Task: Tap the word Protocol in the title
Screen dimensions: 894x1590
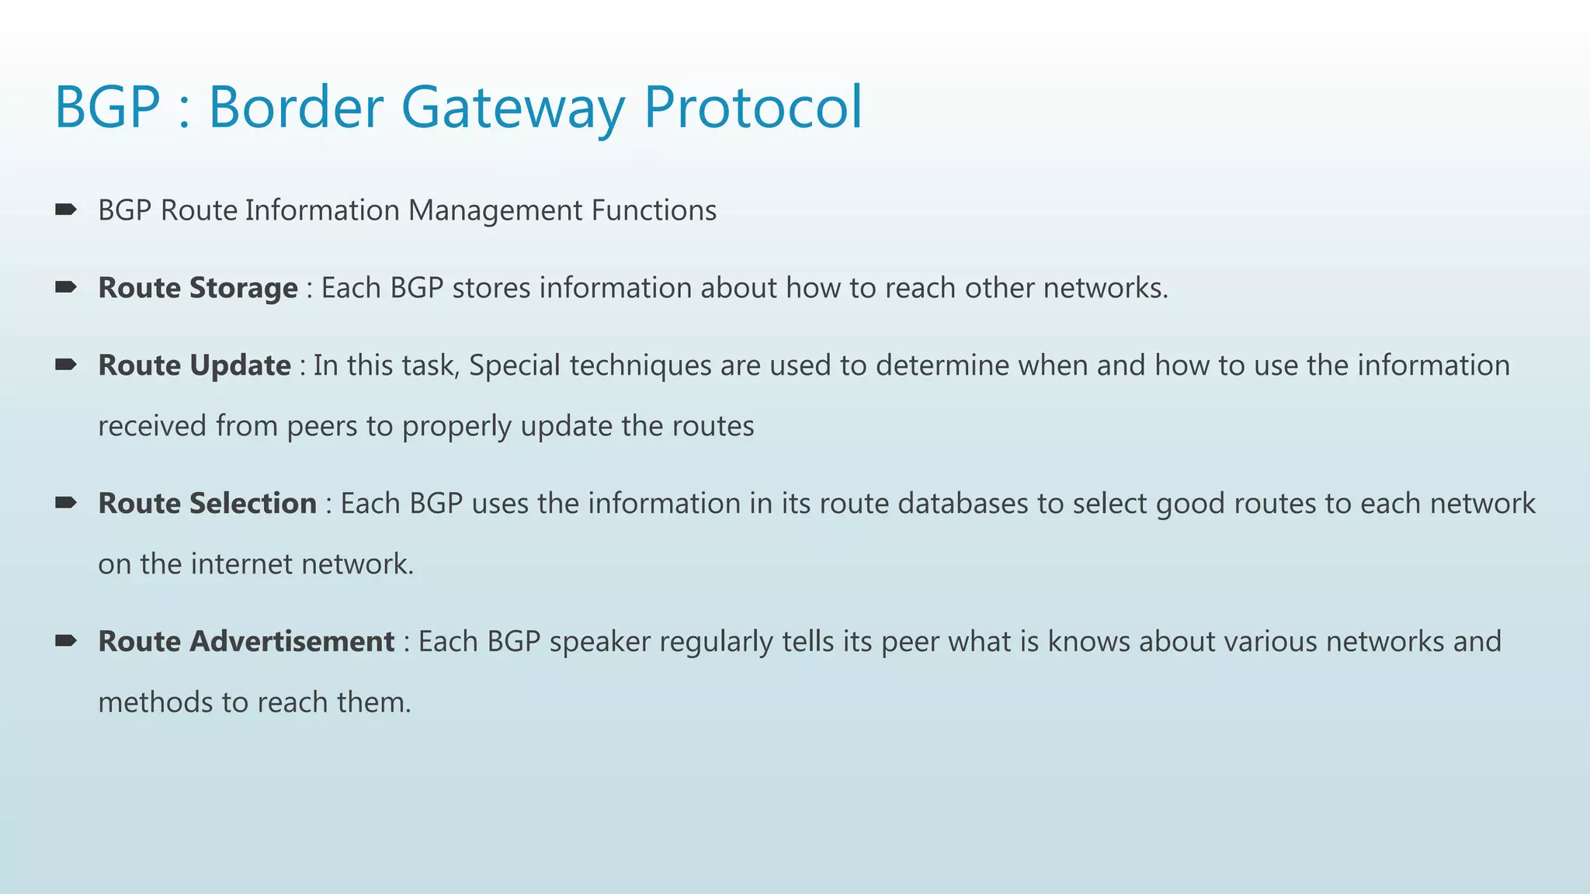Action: pos(753,107)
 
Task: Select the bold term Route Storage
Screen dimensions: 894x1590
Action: pos(197,288)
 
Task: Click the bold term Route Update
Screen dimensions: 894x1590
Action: pos(194,366)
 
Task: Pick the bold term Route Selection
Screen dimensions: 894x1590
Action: pos(207,504)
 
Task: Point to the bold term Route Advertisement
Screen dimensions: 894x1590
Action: pos(246,642)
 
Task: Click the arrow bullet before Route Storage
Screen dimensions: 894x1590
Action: pos(66,288)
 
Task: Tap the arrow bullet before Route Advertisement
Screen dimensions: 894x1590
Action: pos(66,641)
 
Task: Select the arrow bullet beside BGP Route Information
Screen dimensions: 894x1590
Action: pos(66,210)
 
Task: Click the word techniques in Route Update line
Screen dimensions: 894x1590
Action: pos(640,366)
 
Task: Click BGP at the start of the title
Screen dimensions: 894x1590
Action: pos(107,107)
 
